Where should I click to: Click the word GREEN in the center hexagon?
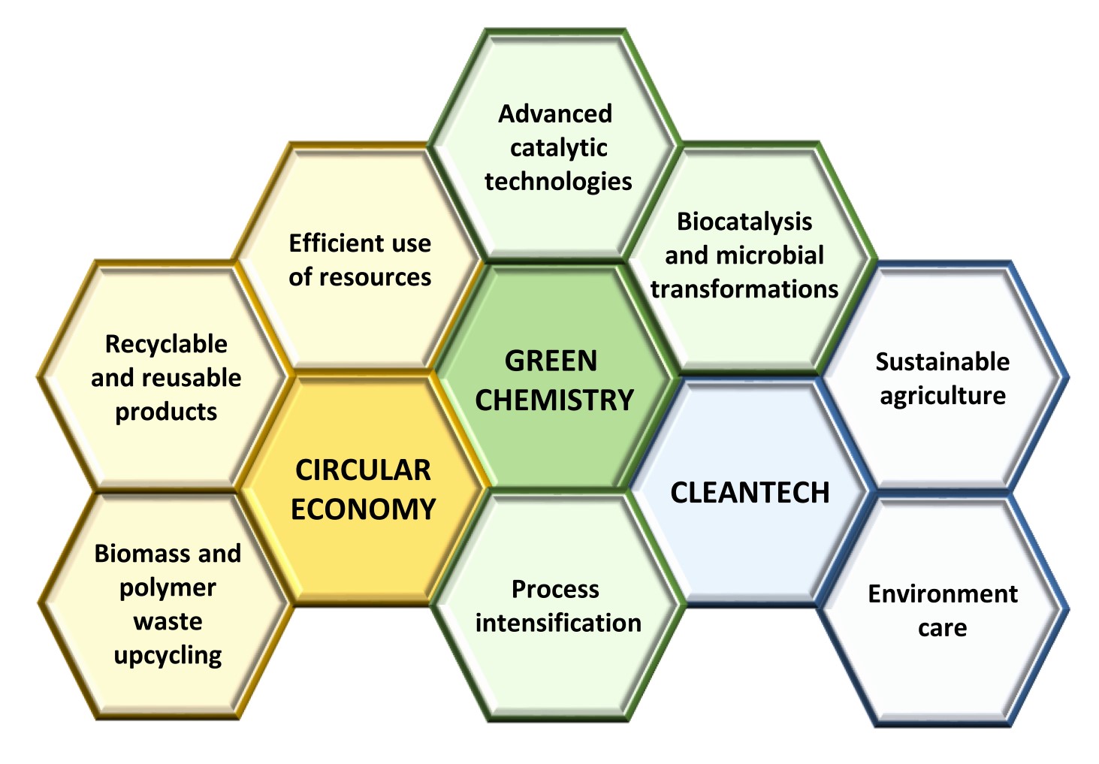coord(551,361)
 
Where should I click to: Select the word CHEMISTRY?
coord(554,400)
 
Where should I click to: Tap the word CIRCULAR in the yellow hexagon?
coord(363,470)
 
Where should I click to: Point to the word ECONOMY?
coord(363,509)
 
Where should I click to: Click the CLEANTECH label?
coord(750,493)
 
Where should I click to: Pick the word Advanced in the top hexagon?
coord(555,114)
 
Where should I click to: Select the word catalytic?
coord(559,149)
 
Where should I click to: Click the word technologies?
coord(558,183)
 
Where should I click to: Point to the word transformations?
coord(744,289)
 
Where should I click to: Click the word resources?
coord(376,278)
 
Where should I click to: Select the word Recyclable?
coord(166,345)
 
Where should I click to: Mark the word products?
coord(166,412)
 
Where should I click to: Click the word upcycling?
coord(168,657)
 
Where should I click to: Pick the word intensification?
coord(558,624)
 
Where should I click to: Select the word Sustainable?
coord(943,362)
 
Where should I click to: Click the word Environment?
coord(943,594)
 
